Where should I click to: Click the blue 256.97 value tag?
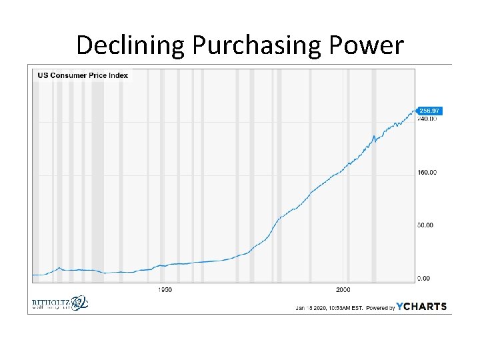tap(431, 110)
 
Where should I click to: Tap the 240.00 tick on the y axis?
tap(427, 119)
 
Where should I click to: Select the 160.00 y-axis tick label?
tap(427, 172)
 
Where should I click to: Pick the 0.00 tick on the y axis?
tap(425, 278)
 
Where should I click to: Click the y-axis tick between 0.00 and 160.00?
tap(425, 225)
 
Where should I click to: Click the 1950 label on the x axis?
tap(165, 290)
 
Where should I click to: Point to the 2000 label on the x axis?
tap(343, 290)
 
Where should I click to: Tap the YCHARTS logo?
tap(421, 307)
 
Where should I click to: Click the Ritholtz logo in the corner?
tap(59, 304)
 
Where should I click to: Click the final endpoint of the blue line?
tap(413, 111)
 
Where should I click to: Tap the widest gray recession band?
tap(97, 173)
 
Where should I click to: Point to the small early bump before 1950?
tap(59, 268)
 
